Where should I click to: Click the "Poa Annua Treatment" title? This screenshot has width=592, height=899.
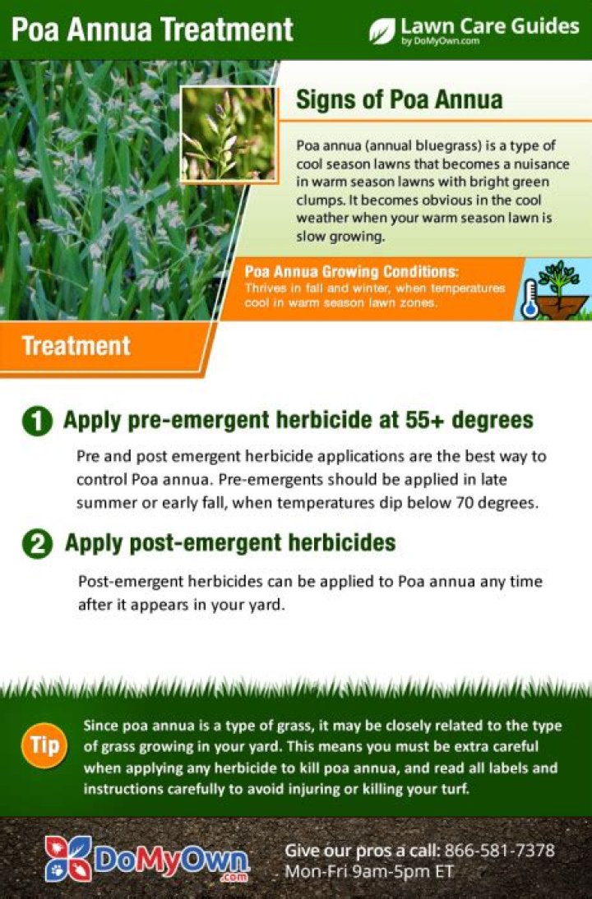coord(152,29)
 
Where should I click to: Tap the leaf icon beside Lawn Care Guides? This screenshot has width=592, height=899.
coord(382,30)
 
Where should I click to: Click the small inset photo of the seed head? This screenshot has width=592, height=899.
coord(229,134)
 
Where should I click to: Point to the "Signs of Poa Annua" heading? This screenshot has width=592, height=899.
coord(400,99)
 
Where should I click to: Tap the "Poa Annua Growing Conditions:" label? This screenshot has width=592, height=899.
coord(352,271)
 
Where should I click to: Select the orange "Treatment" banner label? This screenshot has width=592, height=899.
coord(76,346)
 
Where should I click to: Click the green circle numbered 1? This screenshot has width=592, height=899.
coord(37,422)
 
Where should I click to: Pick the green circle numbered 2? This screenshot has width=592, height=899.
coord(37,544)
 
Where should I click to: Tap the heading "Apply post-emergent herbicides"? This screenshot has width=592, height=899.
coord(230,542)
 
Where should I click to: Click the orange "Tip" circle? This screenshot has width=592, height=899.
coord(44,745)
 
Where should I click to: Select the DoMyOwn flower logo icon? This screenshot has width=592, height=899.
coord(68,858)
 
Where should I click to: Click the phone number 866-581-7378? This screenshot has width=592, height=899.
coord(499,850)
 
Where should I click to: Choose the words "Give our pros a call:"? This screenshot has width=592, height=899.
coord(363,851)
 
